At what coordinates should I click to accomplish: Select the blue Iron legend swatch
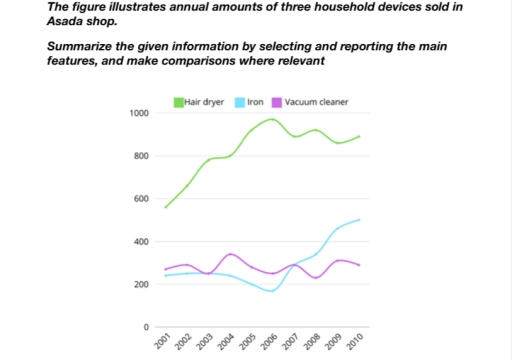click(x=239, y=101)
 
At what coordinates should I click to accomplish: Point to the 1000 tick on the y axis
click(x=138, y=113)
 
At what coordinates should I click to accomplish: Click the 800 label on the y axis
click(x=141, y=156)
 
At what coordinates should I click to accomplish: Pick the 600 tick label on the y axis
click(x=141, y=199)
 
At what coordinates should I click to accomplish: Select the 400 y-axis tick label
click(x=141, y=242)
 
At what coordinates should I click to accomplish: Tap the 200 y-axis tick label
click(x=141, y=285)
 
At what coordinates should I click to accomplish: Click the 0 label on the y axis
click(x=146, y=328)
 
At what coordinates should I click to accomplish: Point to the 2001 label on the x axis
click(x=163, y=343)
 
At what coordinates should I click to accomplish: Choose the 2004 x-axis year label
click(x=227, y=343)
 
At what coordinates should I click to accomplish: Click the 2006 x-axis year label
click(x=270, y=343)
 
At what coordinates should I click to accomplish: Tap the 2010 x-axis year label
click(x=356, y=343)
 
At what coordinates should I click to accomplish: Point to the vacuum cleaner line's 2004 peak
click(x=231, y=254)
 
